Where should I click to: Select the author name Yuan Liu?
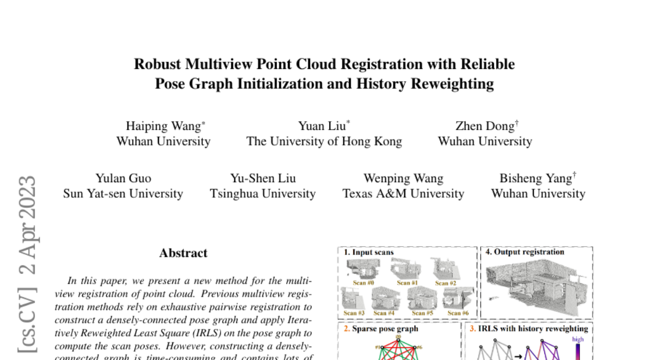322,126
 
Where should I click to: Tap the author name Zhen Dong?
485,126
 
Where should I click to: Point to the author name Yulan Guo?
123,178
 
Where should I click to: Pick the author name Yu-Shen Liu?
263,178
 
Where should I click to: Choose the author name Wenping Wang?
403,178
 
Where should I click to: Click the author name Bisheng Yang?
536,178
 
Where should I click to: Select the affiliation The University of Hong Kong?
324,141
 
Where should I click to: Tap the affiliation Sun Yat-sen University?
123,194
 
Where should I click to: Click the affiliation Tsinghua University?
263,194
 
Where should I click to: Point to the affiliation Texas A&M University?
403,194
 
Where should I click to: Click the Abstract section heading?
183,253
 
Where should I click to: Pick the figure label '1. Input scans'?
369,252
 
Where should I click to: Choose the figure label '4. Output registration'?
525,252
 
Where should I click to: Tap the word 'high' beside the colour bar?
578,339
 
